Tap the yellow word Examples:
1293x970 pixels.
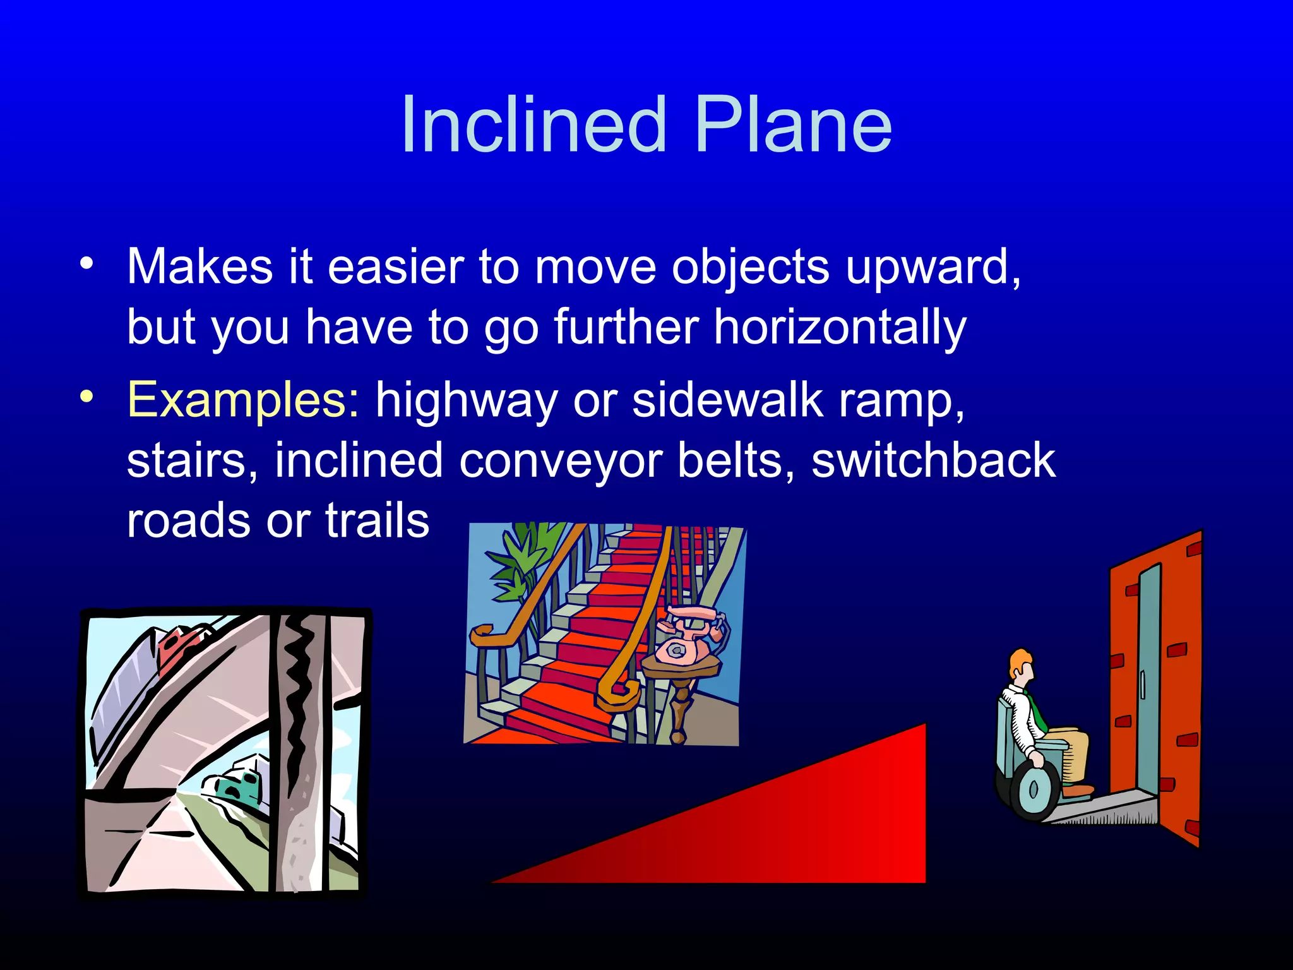243,400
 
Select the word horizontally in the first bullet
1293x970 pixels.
840,327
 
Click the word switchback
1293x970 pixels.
933,460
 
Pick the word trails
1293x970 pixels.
377,520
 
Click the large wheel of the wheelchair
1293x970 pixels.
1034,789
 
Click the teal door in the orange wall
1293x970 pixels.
1149,682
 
